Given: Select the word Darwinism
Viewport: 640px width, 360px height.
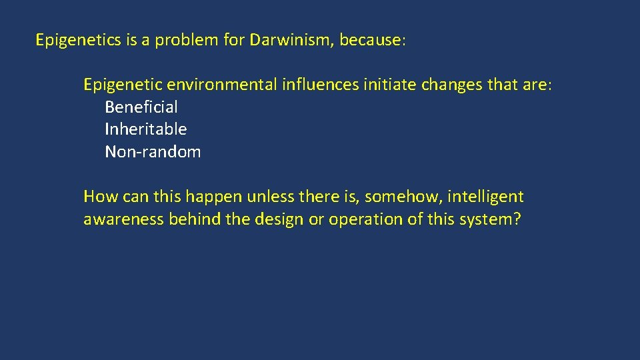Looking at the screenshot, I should [x=291, y=41].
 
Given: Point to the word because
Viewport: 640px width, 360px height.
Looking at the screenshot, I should [x=369, y=41].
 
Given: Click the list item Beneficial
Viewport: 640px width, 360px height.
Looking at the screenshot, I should [x=141, y=107].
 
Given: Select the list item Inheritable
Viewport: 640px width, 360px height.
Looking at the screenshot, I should [x=146, y=129].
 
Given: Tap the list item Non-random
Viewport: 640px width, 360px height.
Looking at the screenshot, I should [x=153, y=152].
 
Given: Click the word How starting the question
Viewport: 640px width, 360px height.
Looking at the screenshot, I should [x=99, y=197].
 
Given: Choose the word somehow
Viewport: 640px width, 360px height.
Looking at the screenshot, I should [x=403, y=197].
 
